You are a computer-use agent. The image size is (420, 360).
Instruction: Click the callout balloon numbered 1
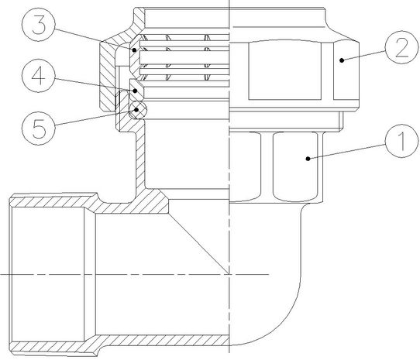click(x=401, y=141)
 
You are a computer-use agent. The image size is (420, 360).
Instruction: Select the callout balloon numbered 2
click(x=401, y=47)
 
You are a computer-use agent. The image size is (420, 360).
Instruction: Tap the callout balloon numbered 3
click(x=38, y=24)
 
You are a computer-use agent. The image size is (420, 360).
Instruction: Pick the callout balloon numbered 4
click(x=38, y=76)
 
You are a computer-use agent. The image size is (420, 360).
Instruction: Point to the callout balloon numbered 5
click(x=38, y=129)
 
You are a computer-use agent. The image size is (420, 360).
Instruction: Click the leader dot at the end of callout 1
click(x=308, y=159)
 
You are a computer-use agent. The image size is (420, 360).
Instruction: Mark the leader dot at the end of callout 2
click(x=342, y=60)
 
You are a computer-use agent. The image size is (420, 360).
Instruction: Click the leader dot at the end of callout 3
click(x=134, y=50)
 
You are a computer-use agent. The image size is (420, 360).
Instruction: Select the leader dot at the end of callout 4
click(x=136, y=91)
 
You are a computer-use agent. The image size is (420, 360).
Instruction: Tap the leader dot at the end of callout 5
click(x=136, y=109)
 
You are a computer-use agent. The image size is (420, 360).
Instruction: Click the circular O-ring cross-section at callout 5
click(x=137, y=109)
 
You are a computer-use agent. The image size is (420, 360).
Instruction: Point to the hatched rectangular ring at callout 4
click(x=137, y=89)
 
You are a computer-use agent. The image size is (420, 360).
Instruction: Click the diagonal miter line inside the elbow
click(x=198, y=243)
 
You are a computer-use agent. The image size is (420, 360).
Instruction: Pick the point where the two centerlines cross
click(x=229, y=274)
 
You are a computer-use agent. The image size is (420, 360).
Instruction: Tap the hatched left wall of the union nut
click(x=108, y=75)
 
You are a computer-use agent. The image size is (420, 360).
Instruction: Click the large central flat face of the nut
click(x=284, y=70)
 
